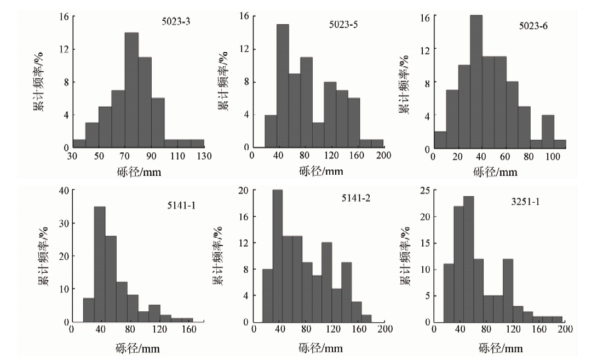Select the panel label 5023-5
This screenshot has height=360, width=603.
[345, 25]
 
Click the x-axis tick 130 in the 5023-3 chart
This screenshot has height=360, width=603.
[203, 156]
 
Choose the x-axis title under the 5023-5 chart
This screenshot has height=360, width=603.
[320, 171]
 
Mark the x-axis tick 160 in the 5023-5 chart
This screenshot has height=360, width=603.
[357, 156]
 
